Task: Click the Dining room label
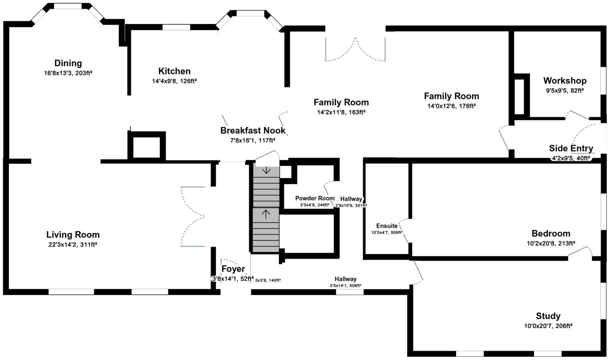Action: coord(68,63)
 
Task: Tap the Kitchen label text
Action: coord(174,71)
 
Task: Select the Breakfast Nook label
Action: coord(253,130)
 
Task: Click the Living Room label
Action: coord(73,235)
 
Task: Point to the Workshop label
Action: coord(565,81)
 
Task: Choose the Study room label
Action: coord(548,316)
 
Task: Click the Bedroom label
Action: coord(551,233)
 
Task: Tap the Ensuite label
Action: coord(387,226)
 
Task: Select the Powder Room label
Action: coord(315,198)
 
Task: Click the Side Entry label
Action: coord(571,148)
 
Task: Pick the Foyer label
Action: coord(233,269)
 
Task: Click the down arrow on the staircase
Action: coord(266,171)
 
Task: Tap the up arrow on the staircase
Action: coord(266,213)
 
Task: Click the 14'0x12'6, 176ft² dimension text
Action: coord(451,106)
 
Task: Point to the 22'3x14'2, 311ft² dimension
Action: coord(73,245)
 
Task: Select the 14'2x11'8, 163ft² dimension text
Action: coord(341,112)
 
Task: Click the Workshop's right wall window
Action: coord(603,81)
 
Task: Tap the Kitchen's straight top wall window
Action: coord(176,27)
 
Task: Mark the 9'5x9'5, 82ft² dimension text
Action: coord(564,91)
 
